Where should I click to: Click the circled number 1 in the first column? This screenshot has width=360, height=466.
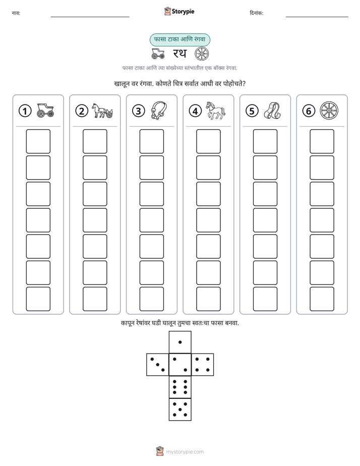click(x=25, y=111)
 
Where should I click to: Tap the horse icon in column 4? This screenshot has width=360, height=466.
click(x=216, y=110)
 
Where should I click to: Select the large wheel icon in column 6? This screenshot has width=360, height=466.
click(x=329, y=110)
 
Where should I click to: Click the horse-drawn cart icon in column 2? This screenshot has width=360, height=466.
click(x=102, y=110)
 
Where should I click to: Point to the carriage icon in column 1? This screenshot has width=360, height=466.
click(x=45, y=110)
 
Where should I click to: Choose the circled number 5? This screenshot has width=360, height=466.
click(x=252, y=111)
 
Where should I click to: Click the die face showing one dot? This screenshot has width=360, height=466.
click(x=180, y=342)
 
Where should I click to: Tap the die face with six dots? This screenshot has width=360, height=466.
click(x=180, y=387)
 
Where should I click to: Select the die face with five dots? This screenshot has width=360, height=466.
click(x=180, y=410)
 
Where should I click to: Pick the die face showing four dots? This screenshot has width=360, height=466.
click(x=203, y=365)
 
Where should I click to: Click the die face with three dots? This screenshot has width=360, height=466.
click(x=157, y=365)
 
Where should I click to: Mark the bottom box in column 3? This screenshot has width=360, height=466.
click(x=151, y=299)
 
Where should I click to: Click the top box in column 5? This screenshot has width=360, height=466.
click(x=265, y=141)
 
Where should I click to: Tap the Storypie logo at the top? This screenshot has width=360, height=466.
click(x=179, y=11)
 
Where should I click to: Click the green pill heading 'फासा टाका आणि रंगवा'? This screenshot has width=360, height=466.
click(x=179, y=39)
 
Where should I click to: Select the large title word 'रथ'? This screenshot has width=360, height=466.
click(x=179, y=53)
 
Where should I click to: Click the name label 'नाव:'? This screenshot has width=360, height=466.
click(x=16, y=13)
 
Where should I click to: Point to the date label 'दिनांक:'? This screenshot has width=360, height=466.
click(x=256, y=13)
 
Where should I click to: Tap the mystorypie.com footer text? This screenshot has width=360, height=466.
click(x=185, y=452)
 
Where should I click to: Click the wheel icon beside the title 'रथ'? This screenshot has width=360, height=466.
click(x=202, y=54)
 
